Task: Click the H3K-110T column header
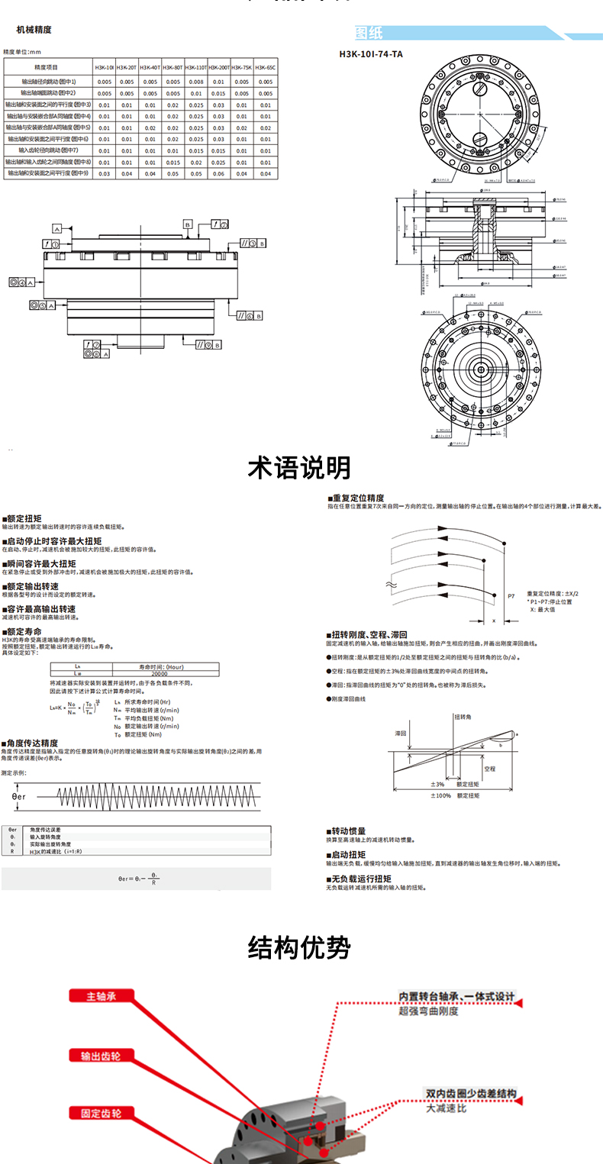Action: [x=196, y=67]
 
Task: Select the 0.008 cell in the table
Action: [x=196, y=81]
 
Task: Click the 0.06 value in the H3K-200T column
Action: [x=219, y=174]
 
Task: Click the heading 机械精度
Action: [x=34, y=31]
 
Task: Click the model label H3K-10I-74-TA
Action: [x=371, y=54]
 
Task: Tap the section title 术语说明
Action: [x=300, y=467]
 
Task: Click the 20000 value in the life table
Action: [x=160, y=674]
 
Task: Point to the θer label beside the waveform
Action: [x=20, y=795]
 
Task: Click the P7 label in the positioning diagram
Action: [x=511, y=593]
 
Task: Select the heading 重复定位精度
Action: [x=357, y=498]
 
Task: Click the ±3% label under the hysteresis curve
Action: [x=437, y=784]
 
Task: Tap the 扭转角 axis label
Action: [x=464, y=717]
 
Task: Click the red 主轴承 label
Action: [x=102, y=996]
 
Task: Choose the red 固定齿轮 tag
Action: [x=102, y=1113]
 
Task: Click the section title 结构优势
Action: [x=300, y=948]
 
